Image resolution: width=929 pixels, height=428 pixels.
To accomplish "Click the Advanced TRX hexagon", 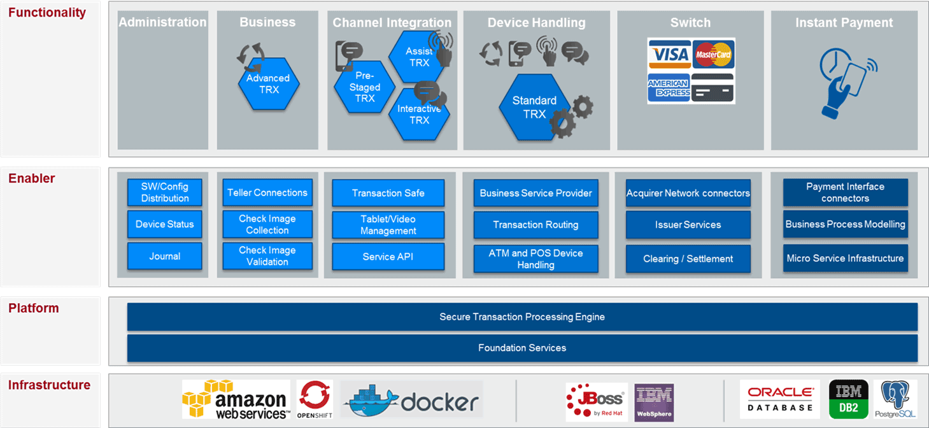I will tap(268, 84).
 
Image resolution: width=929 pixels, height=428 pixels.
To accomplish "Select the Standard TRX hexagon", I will tap(534, 107).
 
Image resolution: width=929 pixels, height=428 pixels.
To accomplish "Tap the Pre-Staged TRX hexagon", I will tap(365, 87).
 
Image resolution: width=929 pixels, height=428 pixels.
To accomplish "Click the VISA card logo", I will tap(669, 54).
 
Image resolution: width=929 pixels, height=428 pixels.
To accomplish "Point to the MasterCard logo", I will tap(713, 54).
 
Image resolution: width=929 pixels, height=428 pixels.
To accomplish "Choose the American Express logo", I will tap(669, 87).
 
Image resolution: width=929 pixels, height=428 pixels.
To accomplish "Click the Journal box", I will tap(165, 256).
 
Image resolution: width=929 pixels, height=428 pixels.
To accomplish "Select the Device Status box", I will tap(165, 224).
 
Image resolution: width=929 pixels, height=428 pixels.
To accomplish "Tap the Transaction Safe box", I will tap(388, 193).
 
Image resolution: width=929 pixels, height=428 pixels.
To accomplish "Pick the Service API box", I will tap(388, 257).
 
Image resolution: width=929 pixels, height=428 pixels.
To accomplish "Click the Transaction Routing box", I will tap(535, 225).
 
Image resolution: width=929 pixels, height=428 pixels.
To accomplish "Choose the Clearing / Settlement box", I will tap(688, 259).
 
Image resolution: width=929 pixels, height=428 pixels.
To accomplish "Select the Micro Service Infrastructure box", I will tap(845, 258).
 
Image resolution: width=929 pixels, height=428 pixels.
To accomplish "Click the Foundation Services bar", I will tap(522, 348).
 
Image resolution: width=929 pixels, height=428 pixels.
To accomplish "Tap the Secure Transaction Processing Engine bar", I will tap(522, 317).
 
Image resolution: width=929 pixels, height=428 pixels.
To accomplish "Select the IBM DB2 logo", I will tap(849, 399).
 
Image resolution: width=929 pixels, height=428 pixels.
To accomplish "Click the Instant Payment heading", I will tap(844, 23).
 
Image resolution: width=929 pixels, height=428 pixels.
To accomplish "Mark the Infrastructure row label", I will tap(49, 385).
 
